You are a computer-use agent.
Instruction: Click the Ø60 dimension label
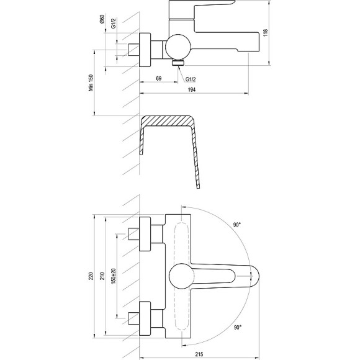102,19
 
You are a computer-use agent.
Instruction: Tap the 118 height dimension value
266,33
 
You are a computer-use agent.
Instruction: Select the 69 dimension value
159,78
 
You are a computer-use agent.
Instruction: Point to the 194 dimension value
192,90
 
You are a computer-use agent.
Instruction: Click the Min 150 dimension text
91,83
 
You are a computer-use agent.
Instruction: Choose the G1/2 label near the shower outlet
191,79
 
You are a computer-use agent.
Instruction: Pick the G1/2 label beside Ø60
114,23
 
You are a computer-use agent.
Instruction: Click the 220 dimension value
91,276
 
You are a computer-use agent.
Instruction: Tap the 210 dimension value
102,276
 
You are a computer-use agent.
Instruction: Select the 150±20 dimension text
114,276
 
